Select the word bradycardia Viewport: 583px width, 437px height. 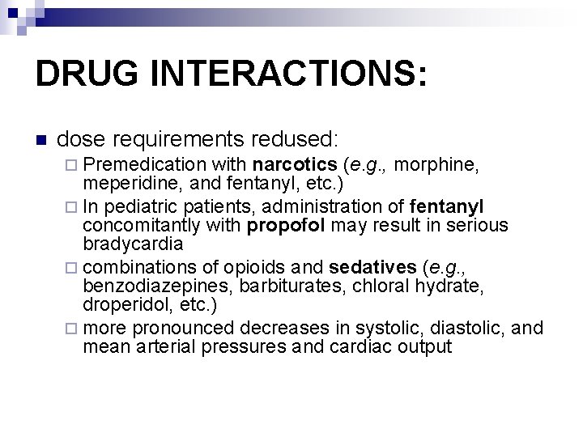[133, 243]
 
